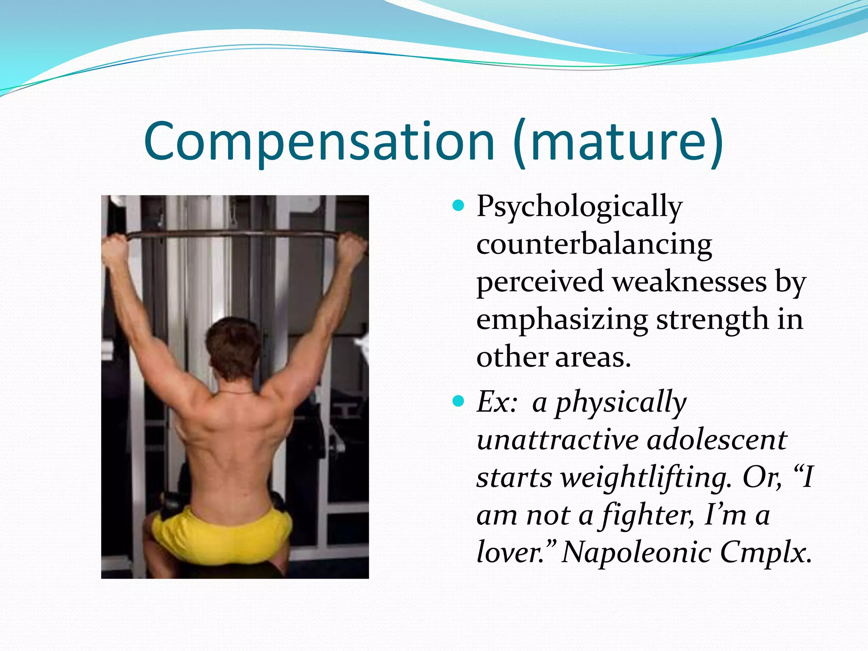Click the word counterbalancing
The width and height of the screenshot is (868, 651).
594,245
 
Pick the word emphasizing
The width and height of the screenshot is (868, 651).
562,320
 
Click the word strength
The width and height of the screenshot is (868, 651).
712,320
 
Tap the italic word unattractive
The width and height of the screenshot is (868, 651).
557,440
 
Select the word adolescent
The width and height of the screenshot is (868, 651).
717,440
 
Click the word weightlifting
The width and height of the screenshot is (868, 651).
646,478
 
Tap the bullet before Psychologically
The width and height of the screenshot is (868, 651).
458,206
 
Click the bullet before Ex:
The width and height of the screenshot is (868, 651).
458,401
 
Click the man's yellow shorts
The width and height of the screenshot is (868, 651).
220,534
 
